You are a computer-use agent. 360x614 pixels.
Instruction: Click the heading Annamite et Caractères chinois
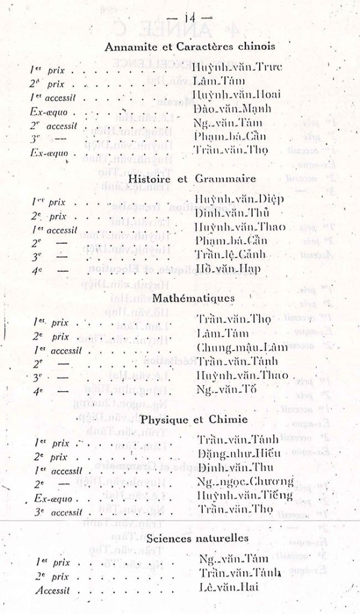190,46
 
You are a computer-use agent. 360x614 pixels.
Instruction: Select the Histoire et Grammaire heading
192,178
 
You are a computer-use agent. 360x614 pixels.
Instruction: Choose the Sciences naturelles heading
198,538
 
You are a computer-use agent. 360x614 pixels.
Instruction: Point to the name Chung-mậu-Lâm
239,348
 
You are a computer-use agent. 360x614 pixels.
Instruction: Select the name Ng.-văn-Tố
227,390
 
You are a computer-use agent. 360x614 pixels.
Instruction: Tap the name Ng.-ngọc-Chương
245,482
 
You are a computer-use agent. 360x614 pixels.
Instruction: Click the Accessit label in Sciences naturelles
52,591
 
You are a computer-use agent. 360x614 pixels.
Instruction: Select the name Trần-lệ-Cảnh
231,255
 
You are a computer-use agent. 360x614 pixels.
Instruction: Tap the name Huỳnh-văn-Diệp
239,199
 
